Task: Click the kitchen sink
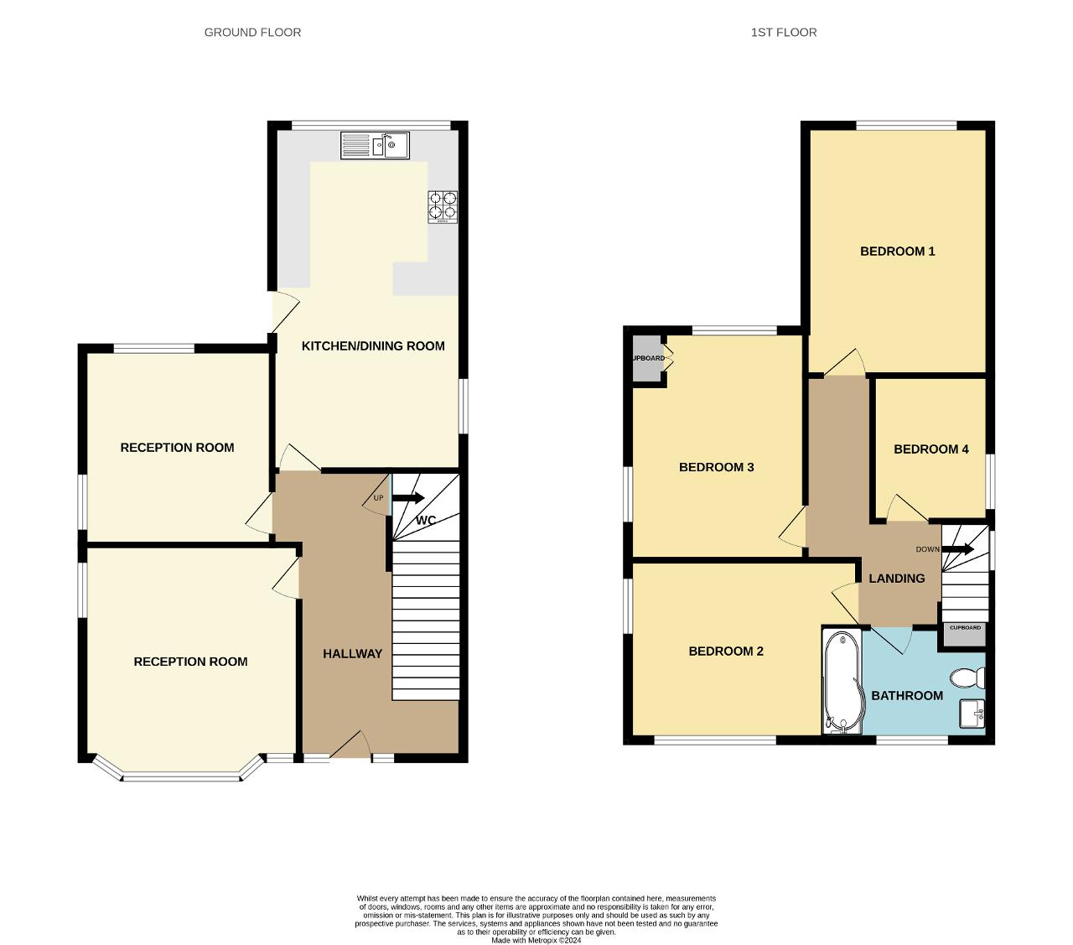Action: [x=375, y=145]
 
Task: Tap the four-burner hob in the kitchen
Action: [x=443, y=206]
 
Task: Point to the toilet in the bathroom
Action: [x=967, y=678]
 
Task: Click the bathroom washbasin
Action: [x=972, y=713]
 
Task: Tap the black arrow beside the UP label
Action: [x=407, y=498]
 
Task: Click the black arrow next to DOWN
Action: [x=957, y=549]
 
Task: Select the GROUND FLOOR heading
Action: [x=252, y=33]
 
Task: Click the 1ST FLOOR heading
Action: [x=784, y=33]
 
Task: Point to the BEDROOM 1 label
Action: [x=898, y=251]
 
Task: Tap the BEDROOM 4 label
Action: [x=931, y=449]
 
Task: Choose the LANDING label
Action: [x=897, y=579]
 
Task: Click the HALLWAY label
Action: [x=353, y=654]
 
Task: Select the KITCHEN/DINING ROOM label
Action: [x=373, y=346]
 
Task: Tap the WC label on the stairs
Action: [x=426, y=520]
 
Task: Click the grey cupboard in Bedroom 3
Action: [x=646, y=358]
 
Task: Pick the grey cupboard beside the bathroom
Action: [x=965, y=634]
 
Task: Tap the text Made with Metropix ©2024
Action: [x=536, y=941]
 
